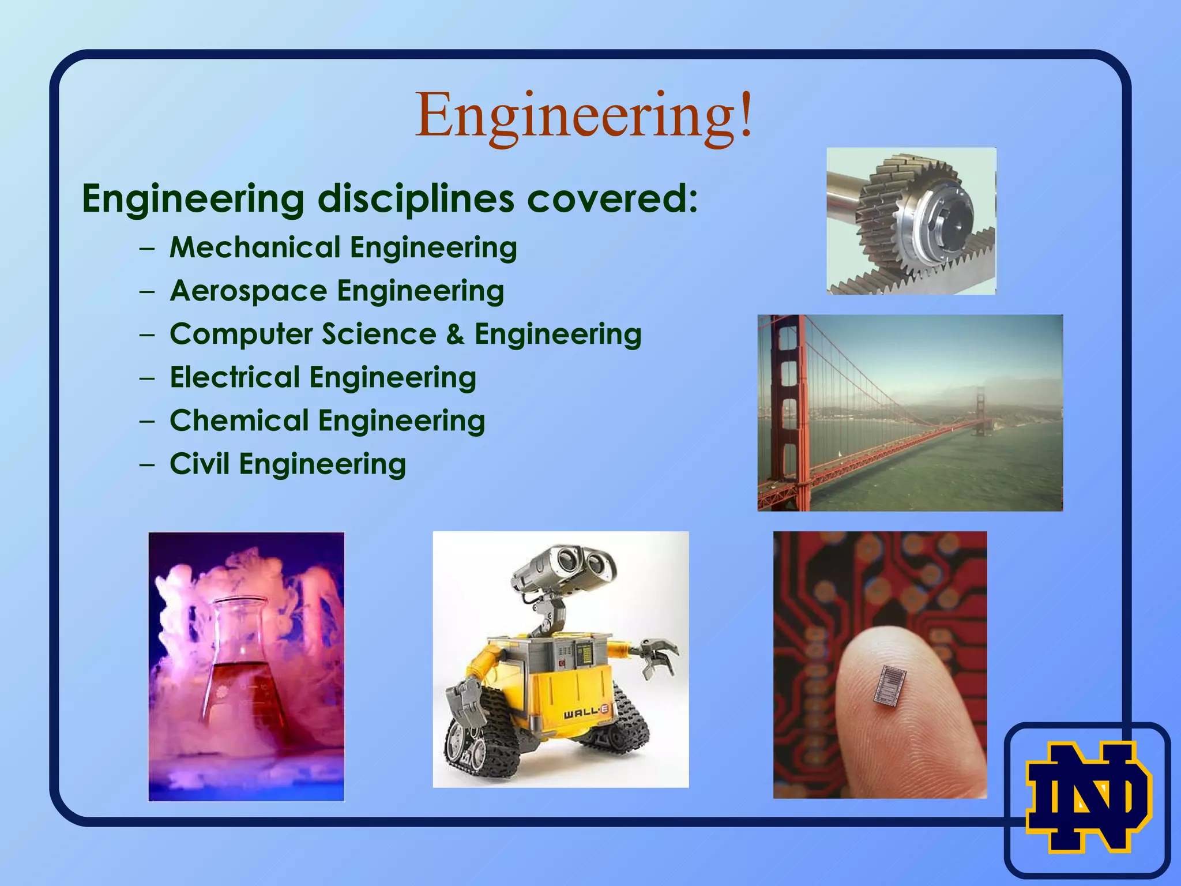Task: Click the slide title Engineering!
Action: [584, 115]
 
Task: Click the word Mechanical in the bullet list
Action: [255, 247]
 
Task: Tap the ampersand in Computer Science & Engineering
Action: [455, 334]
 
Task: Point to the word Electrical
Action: [235, 377]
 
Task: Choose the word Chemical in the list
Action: [239, 421]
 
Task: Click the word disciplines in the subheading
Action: [415, 198]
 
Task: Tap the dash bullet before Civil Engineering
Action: [147, 464]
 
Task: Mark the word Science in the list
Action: [379, 334]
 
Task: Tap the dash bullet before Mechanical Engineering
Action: [147, 248]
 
